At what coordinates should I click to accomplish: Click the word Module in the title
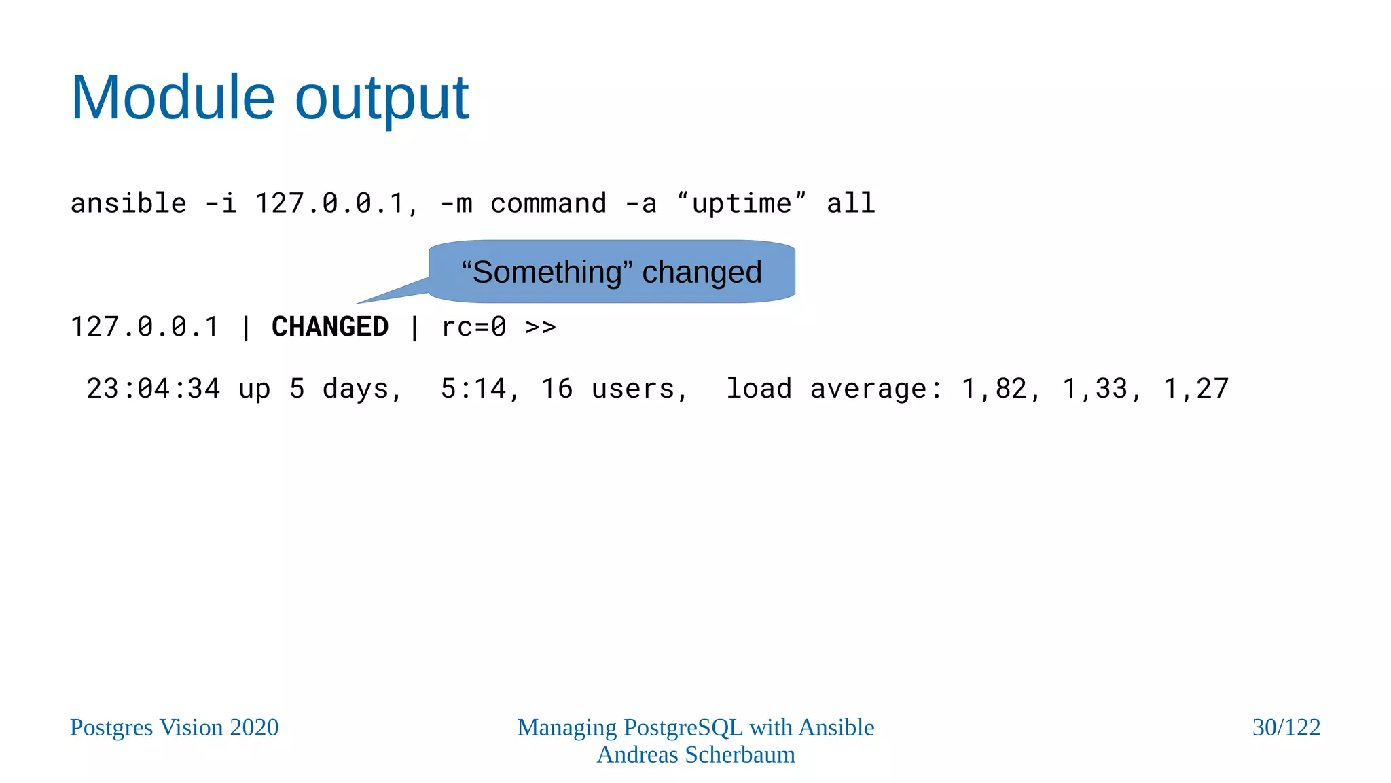173,98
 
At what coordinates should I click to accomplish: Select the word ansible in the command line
128,203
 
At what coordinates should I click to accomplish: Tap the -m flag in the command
456,203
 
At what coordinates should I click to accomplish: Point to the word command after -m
548,203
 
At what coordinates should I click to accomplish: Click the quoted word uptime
741,203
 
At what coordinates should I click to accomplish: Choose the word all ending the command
850,203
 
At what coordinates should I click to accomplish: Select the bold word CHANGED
330,327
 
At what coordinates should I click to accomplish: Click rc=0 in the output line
473,327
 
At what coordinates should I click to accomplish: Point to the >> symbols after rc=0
541,327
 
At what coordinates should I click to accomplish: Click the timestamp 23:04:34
153,389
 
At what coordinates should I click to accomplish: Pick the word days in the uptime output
355,389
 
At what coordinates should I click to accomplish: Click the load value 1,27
1196,389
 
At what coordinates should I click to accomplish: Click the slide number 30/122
1286,727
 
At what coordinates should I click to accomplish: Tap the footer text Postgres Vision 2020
175,727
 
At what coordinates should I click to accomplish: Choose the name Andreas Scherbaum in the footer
695,754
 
